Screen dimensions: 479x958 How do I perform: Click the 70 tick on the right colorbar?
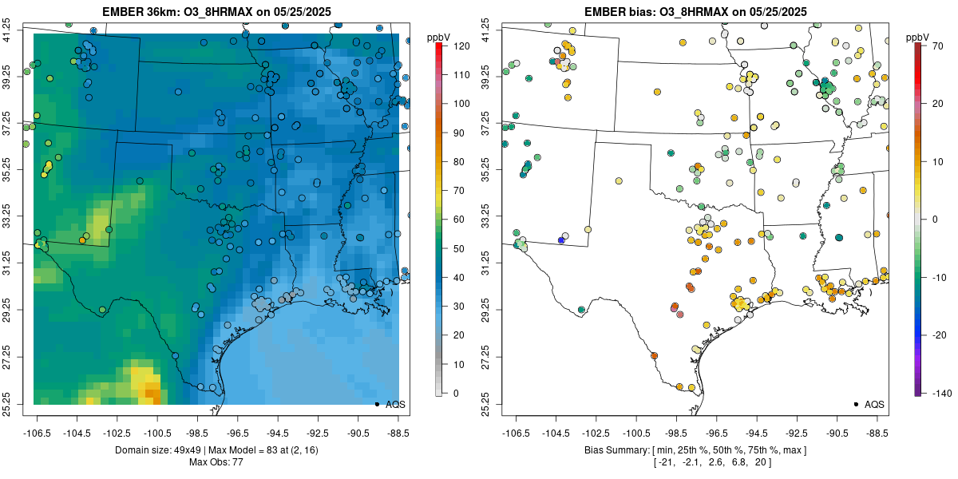932,46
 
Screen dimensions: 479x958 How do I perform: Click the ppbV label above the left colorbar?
438,37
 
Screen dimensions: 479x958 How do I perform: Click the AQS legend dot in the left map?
376,405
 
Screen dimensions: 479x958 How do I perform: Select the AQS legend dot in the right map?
855,405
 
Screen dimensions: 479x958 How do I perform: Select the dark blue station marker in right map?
561,240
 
